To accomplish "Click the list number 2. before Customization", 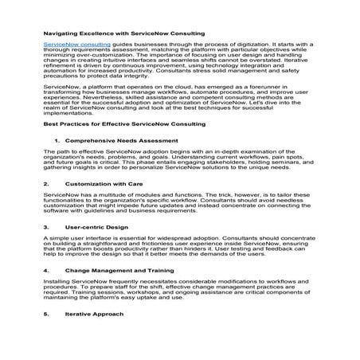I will click(46, 183).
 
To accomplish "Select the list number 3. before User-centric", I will click(46, 227).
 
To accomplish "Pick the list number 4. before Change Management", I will click(46, 271).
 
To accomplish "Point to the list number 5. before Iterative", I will click(46, 314).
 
